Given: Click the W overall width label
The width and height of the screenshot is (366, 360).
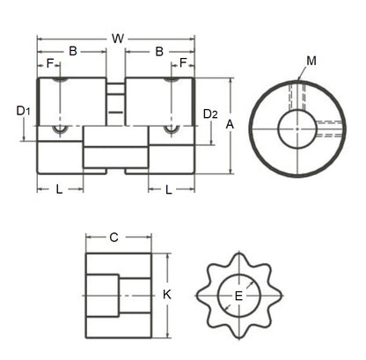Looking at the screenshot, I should coord(117,39).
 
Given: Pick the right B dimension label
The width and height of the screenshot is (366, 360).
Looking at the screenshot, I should coord(159,52).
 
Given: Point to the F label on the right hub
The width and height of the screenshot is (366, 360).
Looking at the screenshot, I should coord(183,64).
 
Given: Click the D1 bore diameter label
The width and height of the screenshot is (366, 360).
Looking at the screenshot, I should coord(24,111).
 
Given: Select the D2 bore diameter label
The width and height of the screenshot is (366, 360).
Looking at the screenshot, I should coord(209,114).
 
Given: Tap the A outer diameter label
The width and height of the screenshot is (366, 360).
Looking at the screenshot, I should coord(230,125).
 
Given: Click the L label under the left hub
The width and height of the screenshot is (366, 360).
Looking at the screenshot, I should coord(59,188).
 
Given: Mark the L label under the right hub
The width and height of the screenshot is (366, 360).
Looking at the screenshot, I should coord(167,188).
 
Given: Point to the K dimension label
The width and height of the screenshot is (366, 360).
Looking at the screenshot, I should coord(167,296).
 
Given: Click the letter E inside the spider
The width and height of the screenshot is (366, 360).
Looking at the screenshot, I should coord(238,296).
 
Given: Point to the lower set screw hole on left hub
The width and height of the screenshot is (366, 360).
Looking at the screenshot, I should coord(60,130).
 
